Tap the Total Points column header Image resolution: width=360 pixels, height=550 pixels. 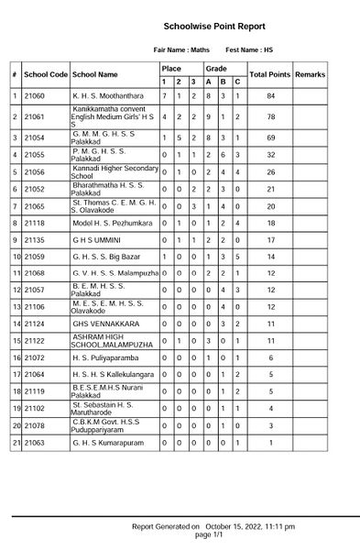click(x=269, y=74)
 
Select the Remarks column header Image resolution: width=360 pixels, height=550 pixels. click(x=310, y=74)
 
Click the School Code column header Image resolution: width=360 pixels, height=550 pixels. click(x=46, y=74)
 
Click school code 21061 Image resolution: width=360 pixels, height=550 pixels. click(x=35, y=117)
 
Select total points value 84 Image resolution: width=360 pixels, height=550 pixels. click(x=270, y=95)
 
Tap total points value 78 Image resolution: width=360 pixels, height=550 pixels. click(x=270, y=117)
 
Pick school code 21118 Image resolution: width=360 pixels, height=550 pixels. click(x=35, y=223)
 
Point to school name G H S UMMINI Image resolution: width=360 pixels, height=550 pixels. click(x=98, y=239)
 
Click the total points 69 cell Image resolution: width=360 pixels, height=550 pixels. click(x=270, y=137)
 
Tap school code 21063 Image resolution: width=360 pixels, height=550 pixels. click(x=35, y=442)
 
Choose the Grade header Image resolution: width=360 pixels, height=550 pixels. click(x=216, y=69)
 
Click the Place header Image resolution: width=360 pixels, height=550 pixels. click(x=171, y=69)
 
